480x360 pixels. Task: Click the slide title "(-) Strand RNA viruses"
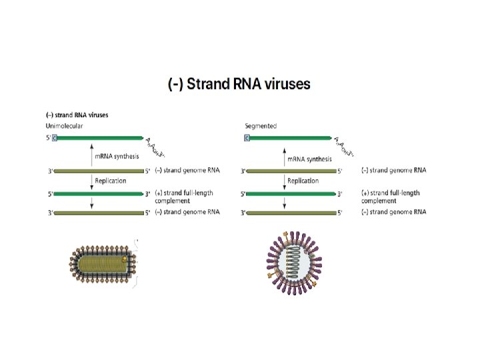(239, 85)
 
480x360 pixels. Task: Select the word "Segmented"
(261, 125)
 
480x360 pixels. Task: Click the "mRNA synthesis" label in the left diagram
(117, 157)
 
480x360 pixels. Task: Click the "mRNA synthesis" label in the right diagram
(309, 160)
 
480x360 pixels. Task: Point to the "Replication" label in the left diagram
(111, 181)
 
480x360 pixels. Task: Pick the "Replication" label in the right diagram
(303, 181)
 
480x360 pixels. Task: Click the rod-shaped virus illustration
(103, 265)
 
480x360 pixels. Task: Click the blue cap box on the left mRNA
(55, 138)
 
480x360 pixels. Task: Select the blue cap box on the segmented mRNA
(247, 138)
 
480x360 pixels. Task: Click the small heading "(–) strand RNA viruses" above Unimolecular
(77, 115)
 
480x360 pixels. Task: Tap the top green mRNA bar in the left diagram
(100, 138)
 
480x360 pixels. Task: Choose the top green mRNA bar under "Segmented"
(291, 138)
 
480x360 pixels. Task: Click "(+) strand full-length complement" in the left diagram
(184, 196)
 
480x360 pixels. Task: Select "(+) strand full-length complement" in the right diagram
(391, 196)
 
